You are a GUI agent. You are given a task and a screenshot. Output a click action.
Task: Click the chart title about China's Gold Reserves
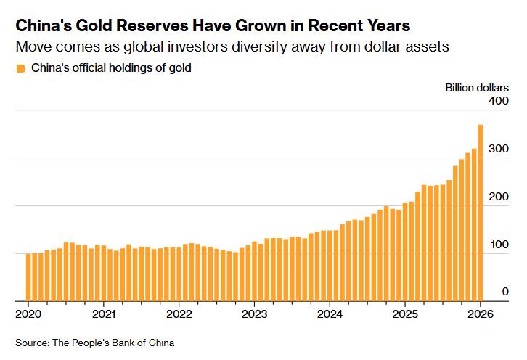coord(213,26)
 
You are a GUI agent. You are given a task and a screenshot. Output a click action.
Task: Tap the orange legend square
coord(20,68)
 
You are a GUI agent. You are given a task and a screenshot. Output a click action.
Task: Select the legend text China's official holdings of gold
coord(111,68)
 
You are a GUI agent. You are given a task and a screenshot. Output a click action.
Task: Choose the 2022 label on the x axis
coord(179,314)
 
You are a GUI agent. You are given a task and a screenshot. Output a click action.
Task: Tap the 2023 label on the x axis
coord(254,314)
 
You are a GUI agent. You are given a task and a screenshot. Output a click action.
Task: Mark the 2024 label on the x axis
coord(330,314)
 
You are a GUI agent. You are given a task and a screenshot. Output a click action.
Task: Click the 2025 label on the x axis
coord(405,314)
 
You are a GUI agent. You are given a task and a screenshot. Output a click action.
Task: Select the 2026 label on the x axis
coord(479,314)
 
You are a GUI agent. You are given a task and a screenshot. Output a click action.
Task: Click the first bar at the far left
coord(28,277)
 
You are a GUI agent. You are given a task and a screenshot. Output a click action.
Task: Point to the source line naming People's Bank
coord(94,342)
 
